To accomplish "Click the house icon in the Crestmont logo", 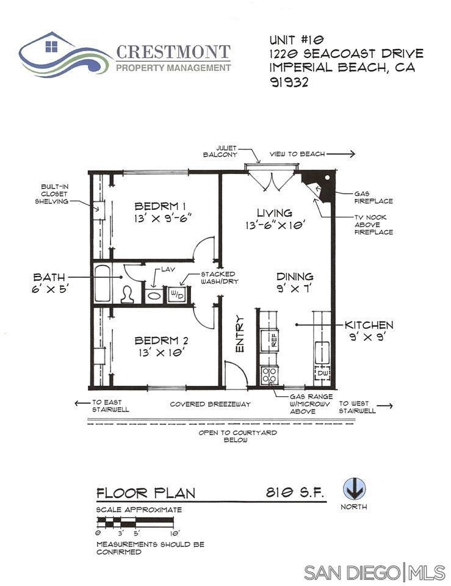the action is (51, 46).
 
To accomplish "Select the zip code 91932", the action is (289, 82).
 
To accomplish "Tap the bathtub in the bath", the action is (103, 283).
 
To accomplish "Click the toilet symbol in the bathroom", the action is (128, 294).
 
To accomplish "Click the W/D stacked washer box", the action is (177, 295).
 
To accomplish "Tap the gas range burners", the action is (269, 375).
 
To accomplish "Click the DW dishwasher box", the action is (322, 373).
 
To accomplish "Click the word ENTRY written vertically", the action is (239, 334).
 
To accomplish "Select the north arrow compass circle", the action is (354, 489).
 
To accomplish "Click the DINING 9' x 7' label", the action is (295, 282).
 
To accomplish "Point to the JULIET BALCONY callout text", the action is (220, 151).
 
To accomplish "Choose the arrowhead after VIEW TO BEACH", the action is (352, 154).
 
